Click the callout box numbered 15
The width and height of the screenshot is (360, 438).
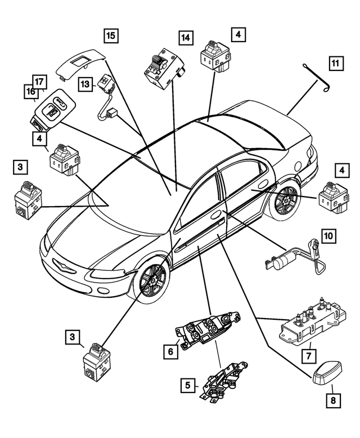pos(111,35)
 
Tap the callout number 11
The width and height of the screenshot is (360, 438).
pos(336,64)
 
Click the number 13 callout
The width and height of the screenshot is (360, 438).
pos(85,84)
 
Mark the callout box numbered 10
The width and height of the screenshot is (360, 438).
pos(328,235)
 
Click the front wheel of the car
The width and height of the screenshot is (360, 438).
pos(151,279)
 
